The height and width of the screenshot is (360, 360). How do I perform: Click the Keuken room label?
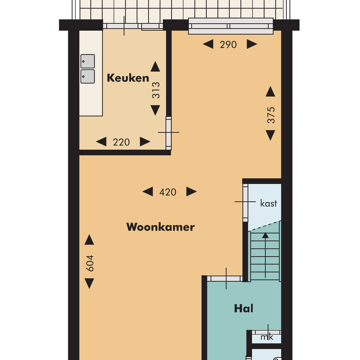[x=128, y=78]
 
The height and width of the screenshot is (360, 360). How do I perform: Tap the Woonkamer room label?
[x=160, y=227]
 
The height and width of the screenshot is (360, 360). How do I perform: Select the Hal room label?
[x=244, y=309]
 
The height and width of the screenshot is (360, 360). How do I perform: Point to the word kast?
[x=268, y=204]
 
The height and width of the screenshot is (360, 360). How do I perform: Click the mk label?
[x=267, y=337]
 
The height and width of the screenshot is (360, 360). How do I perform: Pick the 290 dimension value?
[x=228, y=44]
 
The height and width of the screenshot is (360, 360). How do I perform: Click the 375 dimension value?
[x=271, y=115]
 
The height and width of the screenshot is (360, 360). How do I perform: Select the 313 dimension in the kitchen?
[x=156, y=90]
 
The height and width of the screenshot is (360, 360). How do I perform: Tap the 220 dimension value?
[x=121, y=142]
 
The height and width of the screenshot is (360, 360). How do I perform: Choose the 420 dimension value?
[x=168, y=192]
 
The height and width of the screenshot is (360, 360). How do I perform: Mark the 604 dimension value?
[x=90, y=263]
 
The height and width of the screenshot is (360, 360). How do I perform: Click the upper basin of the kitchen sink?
[x=87, y=61]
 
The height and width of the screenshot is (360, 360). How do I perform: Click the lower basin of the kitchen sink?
[x=87, y=76]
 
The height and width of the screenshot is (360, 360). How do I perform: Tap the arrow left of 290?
[x=208, y=44]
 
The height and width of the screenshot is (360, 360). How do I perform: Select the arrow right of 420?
[x=191, y=192]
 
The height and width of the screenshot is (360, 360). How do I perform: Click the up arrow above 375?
[x=270, y=91]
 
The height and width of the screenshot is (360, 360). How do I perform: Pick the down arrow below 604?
[x=89, y=283]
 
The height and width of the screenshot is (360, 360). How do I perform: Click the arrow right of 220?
[x=145, y=142]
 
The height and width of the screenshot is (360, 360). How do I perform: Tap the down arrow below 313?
[x=155, y=110]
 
